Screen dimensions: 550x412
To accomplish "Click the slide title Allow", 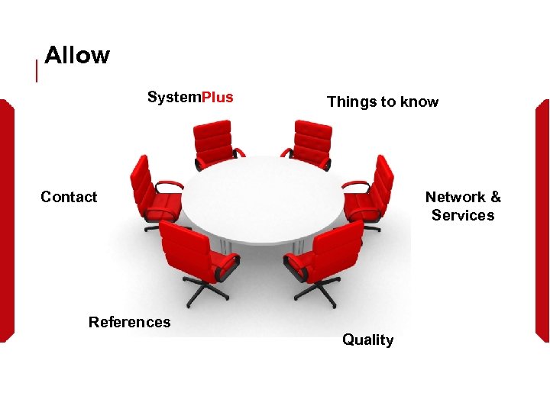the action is (x=77, y=55).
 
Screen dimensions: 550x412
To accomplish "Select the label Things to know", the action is (x=383, y=101).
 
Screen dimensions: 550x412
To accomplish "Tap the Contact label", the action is (x=69, y=197).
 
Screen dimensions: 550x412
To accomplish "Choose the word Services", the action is (x=463, y=215).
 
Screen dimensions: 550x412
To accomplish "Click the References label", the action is (x=130, y=322).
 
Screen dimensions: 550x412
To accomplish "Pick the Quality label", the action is (x=367, y=340).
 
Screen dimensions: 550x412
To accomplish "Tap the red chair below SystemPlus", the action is (x=214, y=143).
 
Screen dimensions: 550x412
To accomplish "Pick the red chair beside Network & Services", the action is (x=370, y=191).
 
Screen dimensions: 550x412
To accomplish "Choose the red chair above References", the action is (x=195, y=256).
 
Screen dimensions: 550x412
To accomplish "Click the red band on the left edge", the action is (x=6, y=221).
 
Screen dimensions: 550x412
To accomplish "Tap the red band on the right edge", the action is (x=543, y=221).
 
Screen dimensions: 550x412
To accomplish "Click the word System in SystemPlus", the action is (x=174, y=97).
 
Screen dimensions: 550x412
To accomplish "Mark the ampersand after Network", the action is (x=495, y=197).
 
